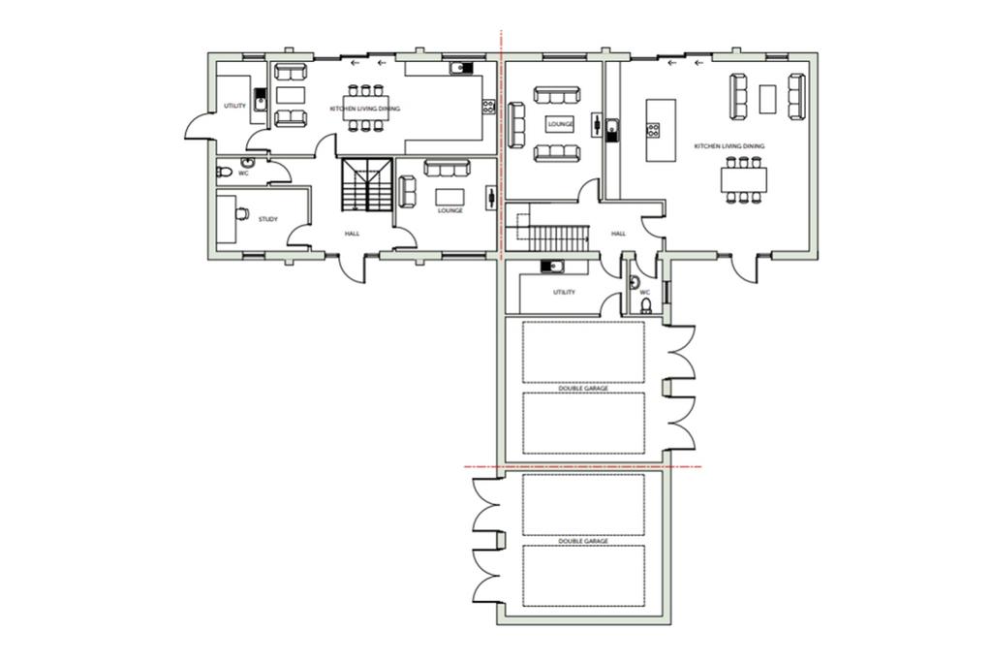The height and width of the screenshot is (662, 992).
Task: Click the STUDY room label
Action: coord(268,220)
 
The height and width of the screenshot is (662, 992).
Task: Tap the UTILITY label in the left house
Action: coord(234,106)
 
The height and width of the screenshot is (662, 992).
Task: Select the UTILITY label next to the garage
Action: coord(565,293)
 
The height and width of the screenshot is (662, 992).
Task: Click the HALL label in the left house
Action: coord(353,234)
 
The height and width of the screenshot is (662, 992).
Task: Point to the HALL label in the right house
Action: coord(618,234)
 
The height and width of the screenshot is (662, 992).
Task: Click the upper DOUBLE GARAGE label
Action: coord(583,388)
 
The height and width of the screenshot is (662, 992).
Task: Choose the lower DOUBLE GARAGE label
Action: coord(583,541)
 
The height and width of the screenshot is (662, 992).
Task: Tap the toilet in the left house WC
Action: coord(224,172)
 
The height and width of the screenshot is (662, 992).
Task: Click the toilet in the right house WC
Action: coord(646,306)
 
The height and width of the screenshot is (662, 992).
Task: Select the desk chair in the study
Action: coord(241,214)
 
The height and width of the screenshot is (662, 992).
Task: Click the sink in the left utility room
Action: coord(260,101)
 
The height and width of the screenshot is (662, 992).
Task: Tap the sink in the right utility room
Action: coord(552,267)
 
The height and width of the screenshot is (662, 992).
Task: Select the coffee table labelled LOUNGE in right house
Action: coord(561,124)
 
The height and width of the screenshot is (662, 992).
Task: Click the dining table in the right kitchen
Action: coord(743,179)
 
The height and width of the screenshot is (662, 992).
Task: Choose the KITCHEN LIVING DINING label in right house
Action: coord(729,146)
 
